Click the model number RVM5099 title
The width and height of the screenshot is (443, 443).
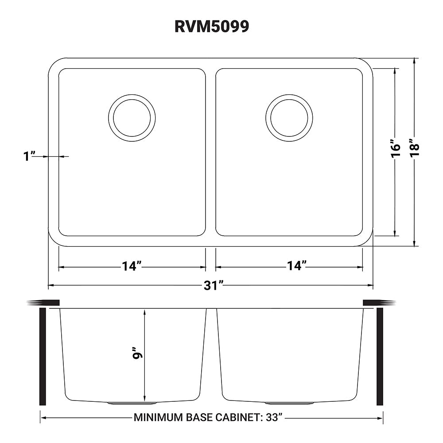212,27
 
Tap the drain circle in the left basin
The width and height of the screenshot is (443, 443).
132,118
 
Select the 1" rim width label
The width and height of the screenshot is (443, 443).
30,156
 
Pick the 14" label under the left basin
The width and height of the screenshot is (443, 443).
132,266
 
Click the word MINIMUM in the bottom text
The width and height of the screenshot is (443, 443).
157,417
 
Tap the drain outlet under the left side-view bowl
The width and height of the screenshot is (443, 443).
132,403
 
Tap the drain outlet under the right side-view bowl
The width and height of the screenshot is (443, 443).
289,403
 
